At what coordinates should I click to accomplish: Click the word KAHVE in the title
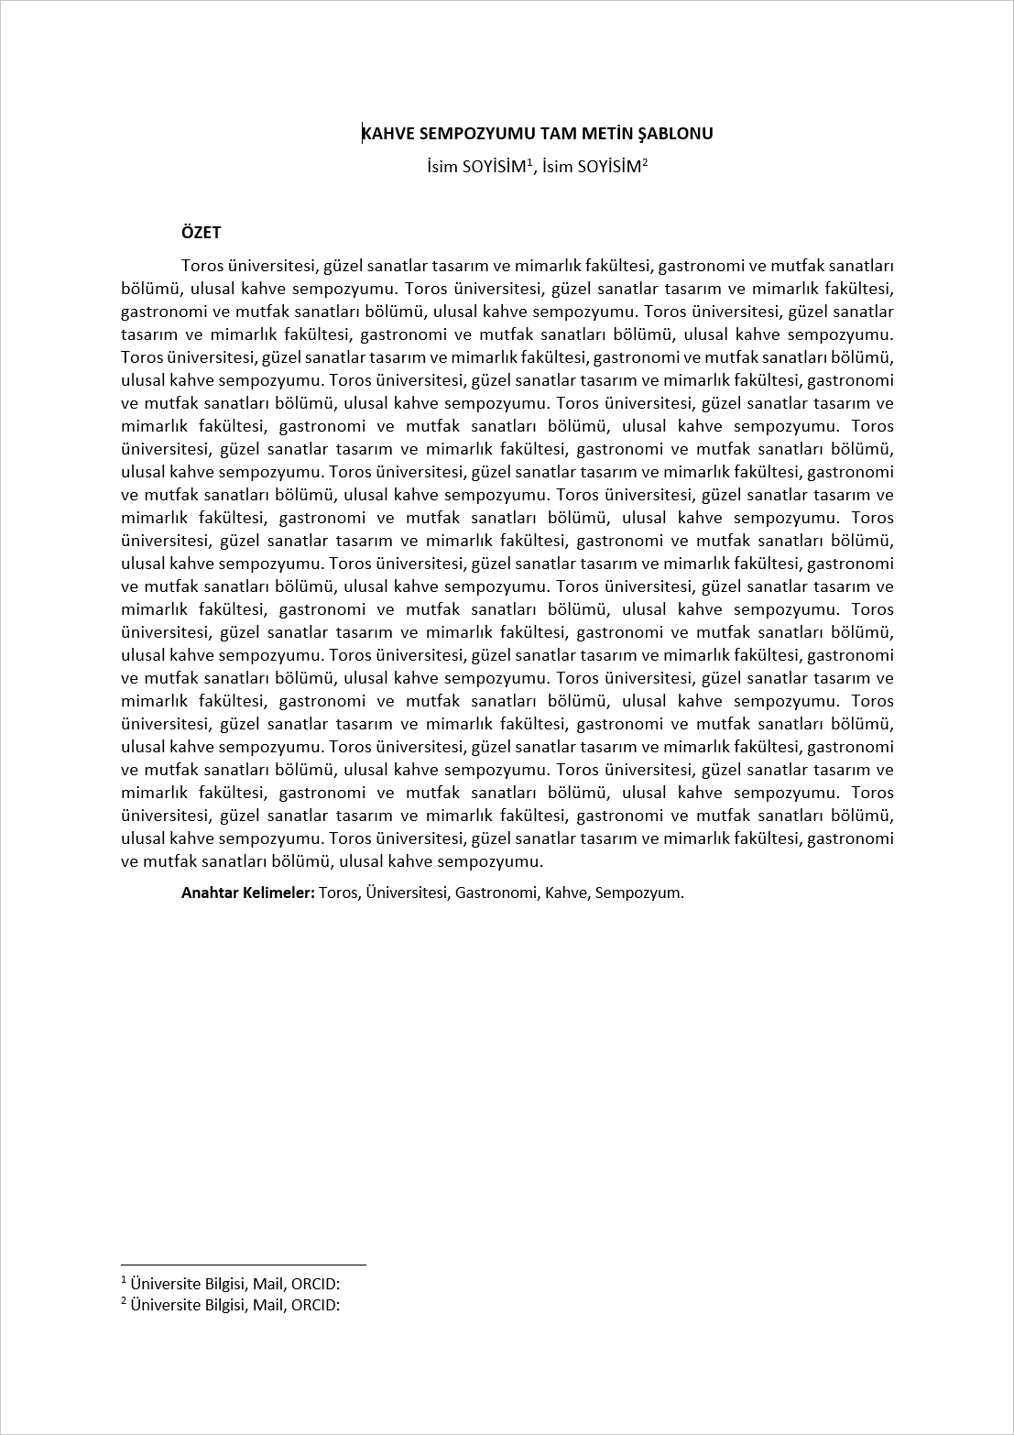click(x=387, y=134)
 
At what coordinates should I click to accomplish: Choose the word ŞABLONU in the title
click(x=674, y=134)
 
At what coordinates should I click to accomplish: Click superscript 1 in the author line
click(x=530, y=162)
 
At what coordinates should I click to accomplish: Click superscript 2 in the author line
click(x=645, y=162)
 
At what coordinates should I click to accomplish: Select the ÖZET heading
click(x=201, y=233)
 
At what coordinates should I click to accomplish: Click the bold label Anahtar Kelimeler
click(x=248, y=893)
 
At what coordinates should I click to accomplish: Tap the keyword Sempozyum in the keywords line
click(x=638, y=893)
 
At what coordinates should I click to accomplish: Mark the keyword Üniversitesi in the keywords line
click(x=406, y=893)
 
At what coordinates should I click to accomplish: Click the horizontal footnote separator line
click(x=243, y=1265)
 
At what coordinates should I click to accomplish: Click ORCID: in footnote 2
click(x=315, y=1305)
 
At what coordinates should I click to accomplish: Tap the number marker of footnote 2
click(x=124, y=1300)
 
